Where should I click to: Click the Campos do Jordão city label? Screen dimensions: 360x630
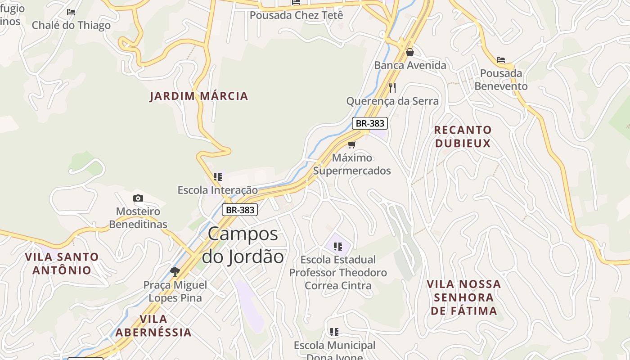point(243,245)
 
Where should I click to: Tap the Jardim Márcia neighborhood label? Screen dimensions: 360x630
point(199,96)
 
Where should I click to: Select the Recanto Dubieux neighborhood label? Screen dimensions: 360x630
point(463,137)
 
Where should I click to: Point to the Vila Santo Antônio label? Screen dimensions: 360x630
point(62,264)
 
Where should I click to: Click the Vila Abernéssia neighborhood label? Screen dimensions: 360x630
point(153,326)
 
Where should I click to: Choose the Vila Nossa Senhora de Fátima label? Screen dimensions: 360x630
point(463,297)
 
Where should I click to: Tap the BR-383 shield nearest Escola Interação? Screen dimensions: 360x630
point(240,210)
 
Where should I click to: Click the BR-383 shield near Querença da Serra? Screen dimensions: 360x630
point(369,123)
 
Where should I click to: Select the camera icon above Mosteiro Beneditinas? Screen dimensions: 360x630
point(138,198)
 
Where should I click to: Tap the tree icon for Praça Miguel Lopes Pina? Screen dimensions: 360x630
point(175,271)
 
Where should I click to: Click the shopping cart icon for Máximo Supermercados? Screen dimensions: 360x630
point(352,144)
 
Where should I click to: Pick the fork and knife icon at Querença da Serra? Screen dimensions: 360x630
point(392,87)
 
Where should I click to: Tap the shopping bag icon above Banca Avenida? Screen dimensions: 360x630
point(409,52)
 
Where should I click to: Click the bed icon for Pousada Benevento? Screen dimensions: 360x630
point(501,60)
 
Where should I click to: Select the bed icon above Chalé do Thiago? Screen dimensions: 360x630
point(71,12)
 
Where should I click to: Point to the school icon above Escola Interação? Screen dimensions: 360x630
point(218,177)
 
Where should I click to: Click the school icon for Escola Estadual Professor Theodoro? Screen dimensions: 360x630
point(338,246)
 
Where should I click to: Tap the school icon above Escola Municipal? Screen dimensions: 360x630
point(334,332)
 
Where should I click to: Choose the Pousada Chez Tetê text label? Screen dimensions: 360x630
point(296,15)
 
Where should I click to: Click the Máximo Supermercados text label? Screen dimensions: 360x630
point(352,164)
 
